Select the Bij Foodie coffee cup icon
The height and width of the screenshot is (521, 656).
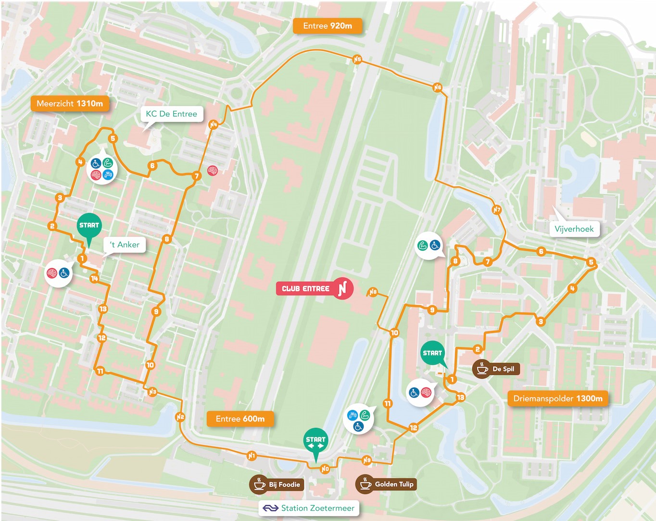coord(259,484)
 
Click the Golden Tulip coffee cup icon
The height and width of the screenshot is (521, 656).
coord(365,484)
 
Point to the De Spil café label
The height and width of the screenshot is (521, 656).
coord(496,369)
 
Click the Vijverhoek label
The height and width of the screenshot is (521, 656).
coord(574,229)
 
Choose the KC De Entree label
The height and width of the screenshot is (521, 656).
coord(171,114)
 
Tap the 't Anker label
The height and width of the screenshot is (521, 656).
coord(125,245)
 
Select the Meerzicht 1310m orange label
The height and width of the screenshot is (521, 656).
coord(70,103)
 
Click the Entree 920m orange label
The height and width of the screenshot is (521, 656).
coord(328,26)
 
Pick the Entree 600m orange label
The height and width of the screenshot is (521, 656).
coord(240,419)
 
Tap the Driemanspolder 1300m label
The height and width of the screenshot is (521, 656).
coord(557,398)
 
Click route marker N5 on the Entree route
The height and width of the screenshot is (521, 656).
coord(357,60)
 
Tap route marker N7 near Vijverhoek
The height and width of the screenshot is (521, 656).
coord(497,210)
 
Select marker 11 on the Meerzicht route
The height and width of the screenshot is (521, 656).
coord(100,371)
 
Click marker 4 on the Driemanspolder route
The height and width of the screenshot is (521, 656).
coord(572,288)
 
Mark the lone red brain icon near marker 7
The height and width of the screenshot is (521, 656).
coord(212,170)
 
